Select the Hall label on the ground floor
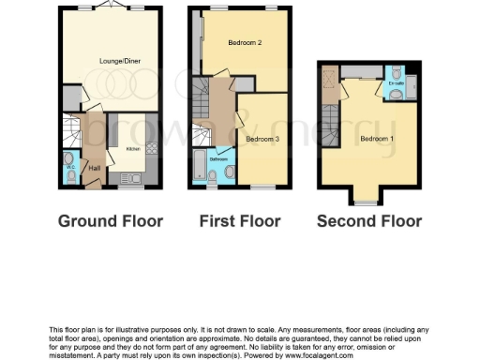94,169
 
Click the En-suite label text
396,84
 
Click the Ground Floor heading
111,222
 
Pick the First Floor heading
240,222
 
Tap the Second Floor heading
368,222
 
